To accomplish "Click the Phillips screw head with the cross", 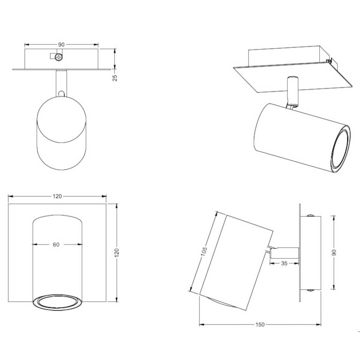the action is click(59, 57).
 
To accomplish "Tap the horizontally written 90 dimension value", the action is click(61, 45).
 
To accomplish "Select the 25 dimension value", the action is click(115, 78).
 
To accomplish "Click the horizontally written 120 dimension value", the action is click(57, 196).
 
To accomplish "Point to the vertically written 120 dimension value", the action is click(117, 253).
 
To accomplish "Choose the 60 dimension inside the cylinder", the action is click(56, 244).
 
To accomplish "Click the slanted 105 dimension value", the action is click(204, 252).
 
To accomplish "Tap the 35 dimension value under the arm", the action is click(284, 263).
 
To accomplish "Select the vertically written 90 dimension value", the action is click(334, 253).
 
